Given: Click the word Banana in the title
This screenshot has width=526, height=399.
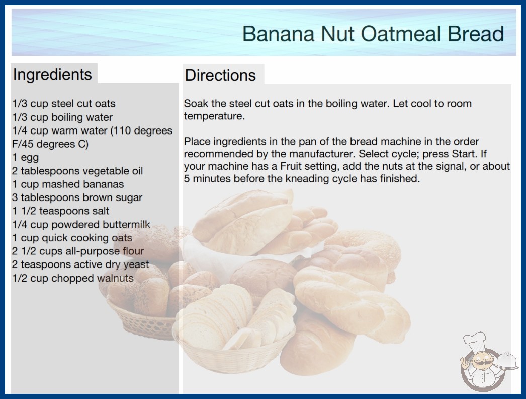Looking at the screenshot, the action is tap(278, 34).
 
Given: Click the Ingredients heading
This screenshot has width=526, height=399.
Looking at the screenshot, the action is tap(52, 75).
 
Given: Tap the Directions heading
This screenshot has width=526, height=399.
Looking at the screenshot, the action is tap(220, 75).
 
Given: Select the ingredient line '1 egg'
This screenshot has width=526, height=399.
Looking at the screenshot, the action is tap(26, 157).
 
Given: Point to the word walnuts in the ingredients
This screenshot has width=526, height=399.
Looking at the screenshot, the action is tap(115, 278).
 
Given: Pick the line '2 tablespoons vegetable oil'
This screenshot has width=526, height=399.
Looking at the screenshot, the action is tap(77, 171).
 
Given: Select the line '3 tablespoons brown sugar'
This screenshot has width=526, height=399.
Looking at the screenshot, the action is tap(77, 197).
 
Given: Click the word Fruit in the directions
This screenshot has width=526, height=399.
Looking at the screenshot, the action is tap(291, 166).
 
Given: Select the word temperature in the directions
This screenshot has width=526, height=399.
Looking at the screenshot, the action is tap(214, 116).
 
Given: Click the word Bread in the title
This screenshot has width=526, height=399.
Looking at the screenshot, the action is tap(476, 34).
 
